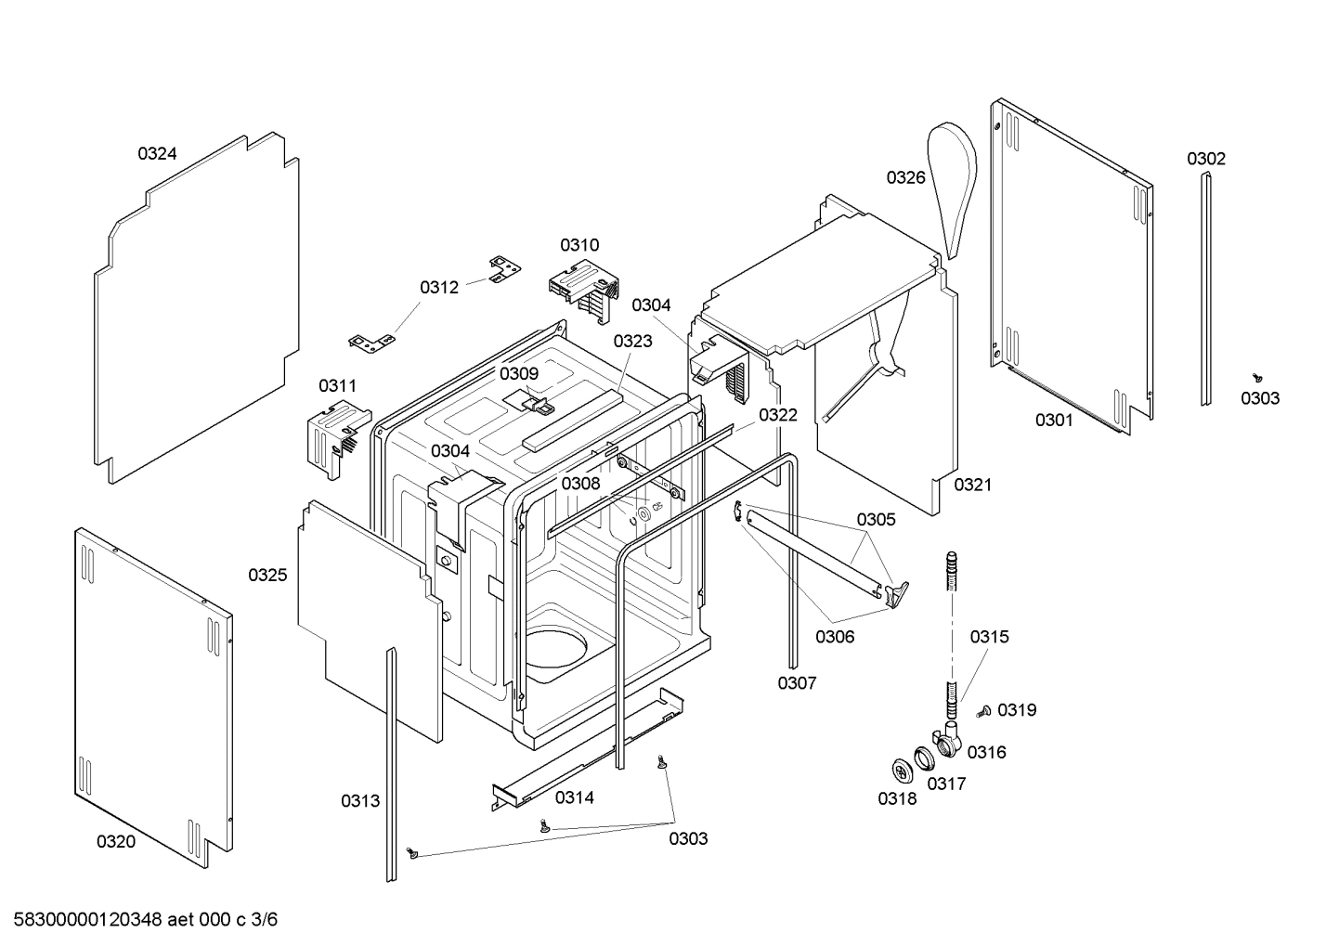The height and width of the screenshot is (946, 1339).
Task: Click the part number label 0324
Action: coord(157,154)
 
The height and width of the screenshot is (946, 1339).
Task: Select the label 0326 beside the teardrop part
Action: coord(905,177)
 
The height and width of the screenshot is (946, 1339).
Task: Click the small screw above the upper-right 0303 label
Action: coord(1258,377)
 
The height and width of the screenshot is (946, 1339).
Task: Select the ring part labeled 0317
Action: coord(926,758)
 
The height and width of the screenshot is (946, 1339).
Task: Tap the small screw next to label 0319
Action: coord(984,712)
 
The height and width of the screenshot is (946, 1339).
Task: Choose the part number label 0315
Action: coord(989,637)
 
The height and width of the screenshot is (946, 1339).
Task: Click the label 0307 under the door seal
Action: coord(797,683)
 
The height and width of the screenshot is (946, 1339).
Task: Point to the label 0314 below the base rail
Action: coord(574,797)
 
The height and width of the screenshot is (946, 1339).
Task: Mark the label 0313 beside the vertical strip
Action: coord(359,800)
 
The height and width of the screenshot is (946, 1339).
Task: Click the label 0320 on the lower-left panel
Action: coord(115,841)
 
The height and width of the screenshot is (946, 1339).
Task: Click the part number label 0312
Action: coord(439,288)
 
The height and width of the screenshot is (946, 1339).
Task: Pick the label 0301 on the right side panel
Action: coord(1054,421)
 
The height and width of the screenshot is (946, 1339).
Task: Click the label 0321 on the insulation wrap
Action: coord(972,485)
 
